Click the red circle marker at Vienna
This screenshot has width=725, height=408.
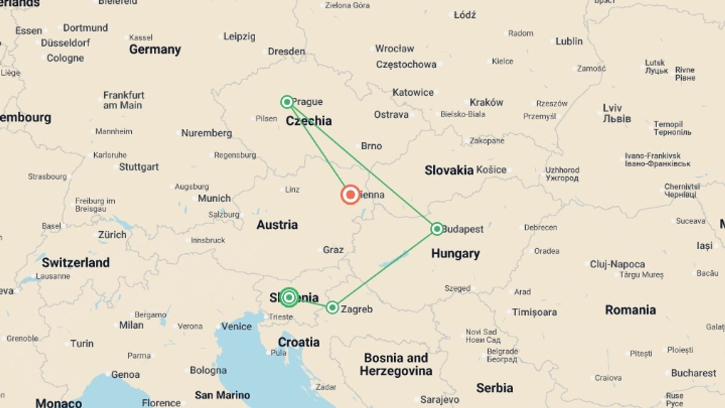[x=350, y=195]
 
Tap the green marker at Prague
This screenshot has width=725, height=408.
[x=287, y=102]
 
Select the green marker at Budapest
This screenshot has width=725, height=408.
[x=437, y=229]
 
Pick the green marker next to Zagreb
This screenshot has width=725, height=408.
[x=332, y=308]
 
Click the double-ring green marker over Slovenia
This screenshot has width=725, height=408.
[x=289, y=297]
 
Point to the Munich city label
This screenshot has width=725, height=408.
[x=214, y=198]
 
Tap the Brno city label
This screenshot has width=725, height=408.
[x=371, y=146]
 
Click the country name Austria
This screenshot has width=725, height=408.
[x=277, y=225]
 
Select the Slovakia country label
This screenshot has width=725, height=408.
[x=449, y=170]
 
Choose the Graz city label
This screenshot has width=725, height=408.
[x=333, y=250]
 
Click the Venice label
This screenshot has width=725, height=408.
[x=236, y=326]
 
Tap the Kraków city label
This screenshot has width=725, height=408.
[x=486, y=102]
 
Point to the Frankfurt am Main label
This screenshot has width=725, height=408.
[x=123, y=100]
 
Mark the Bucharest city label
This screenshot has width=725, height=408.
[x=693, y=373]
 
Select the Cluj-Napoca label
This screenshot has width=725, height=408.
[x=617, y=264]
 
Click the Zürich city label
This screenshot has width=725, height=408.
[x=112, y=235]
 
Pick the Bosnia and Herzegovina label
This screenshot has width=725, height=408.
[x=396, y=364]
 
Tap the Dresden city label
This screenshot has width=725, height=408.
[x=286, y=51]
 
